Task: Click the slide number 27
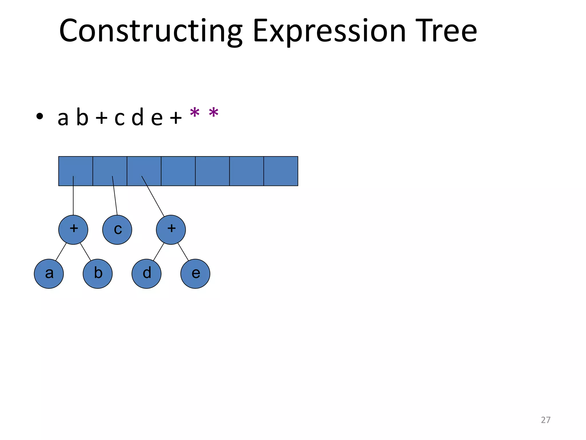point(545,420)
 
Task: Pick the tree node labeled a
point(49,274)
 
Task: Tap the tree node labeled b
point(98,274)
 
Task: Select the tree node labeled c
point(117,230)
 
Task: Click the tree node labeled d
point(146,274)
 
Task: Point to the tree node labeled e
point(195,274)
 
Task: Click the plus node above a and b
point(73,230)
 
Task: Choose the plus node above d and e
point(171,230)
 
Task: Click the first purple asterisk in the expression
point(195,113)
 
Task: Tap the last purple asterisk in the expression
point(214,113)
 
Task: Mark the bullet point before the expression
point(39,116)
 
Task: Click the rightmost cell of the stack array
point(281,171)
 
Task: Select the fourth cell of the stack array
point(178,171)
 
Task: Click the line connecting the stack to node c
point(115,196)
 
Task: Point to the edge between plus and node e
point(183,252)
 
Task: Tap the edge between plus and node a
point(61,252)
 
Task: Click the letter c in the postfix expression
point(120,118)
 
